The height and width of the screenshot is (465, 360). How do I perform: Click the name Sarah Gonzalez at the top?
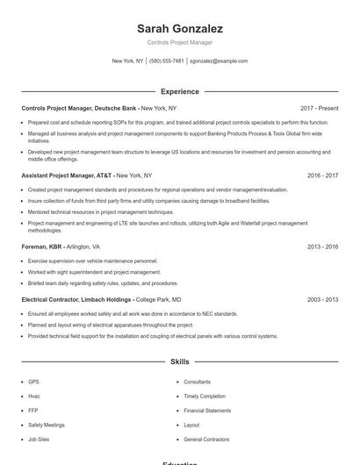(x=179, y=28)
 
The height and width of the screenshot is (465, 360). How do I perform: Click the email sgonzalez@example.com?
(x=219, y=61)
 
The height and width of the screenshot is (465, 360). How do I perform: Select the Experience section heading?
(x=179, y=91)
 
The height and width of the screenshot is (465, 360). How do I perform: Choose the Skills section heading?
(x=179, y=361)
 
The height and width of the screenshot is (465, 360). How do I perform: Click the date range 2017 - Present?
(x=319, y=108)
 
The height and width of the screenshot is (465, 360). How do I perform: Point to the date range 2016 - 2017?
(x=322, y=175)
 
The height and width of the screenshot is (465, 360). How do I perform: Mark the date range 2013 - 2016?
(x=322, y=247)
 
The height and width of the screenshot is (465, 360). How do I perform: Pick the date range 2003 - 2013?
(x=322, y=299)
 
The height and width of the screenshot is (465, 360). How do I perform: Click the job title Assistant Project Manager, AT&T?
(x=67, y=175)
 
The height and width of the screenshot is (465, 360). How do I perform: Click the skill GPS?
(x=33, y=382)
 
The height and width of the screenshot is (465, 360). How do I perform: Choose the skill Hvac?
(x=34, y=396)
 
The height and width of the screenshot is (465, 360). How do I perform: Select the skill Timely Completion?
(x=204, y=396)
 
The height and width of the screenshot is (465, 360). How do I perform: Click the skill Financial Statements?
(x=207, y=410)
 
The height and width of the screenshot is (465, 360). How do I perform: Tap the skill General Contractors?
(x=206, y=438)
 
